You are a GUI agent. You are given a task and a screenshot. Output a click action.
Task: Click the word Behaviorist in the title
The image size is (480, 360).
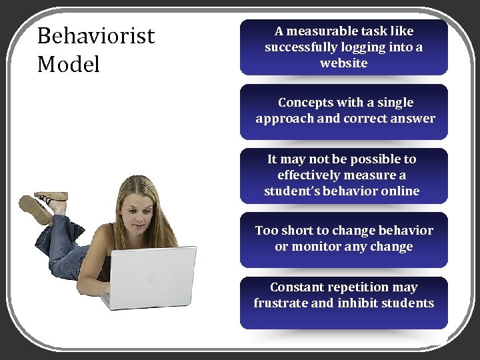coord(96,35)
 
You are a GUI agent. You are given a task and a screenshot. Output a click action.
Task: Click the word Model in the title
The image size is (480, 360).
coord(69,65)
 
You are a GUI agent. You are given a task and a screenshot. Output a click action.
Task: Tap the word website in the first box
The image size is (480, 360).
coord(343,63)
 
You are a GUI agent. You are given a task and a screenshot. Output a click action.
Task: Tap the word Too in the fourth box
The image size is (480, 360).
coord(267,231)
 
